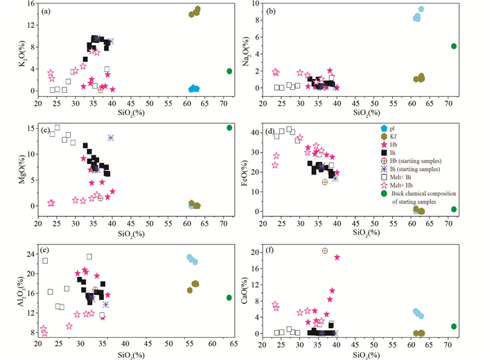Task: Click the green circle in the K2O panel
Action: [229, 71]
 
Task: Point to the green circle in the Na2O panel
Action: [454, 46]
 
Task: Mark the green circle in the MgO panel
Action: [229, 127]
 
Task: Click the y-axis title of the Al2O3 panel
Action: [17, 290]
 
